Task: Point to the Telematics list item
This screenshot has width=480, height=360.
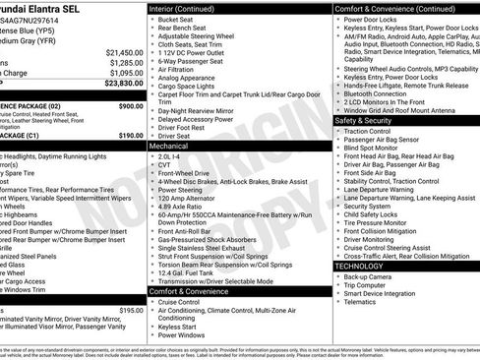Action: (361, 304)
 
